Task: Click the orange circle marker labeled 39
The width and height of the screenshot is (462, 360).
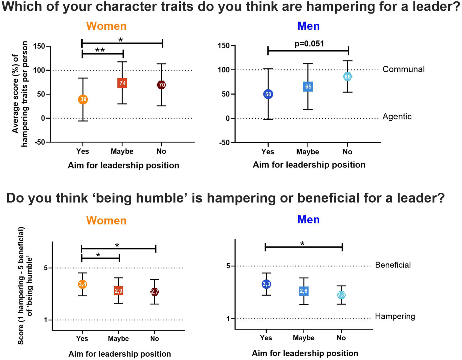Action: coord(83,99)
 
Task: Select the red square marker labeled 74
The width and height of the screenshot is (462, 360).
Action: coord(122,83)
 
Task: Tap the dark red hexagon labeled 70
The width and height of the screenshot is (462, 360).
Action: coord(161,85)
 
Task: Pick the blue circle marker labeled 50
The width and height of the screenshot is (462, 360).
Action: coord(268,94)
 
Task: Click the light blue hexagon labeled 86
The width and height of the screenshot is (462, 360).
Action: coord(347,77)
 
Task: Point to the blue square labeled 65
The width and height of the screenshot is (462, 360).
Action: coord(308,87)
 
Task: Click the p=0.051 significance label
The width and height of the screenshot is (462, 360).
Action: coord(309,44)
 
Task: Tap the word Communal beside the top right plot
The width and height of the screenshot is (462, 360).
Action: coord(403,69)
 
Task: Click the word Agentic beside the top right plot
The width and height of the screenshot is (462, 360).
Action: coord(397,117)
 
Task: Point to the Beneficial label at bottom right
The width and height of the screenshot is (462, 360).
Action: coord(393,265)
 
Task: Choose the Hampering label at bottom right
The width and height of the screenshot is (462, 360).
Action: coord(395,316)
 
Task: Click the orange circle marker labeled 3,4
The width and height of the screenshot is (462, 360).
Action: coord(82,284)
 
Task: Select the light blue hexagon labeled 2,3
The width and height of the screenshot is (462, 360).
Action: coord(341,295)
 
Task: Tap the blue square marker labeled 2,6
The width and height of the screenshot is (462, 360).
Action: coord(303,291)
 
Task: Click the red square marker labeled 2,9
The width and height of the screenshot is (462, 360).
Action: coord(119,291)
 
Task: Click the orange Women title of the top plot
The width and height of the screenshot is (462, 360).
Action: coord(106,26)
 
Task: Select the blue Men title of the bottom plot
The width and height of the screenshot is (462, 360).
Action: coord(308,219)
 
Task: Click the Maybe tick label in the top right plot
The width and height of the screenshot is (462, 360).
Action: coord(307,152)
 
